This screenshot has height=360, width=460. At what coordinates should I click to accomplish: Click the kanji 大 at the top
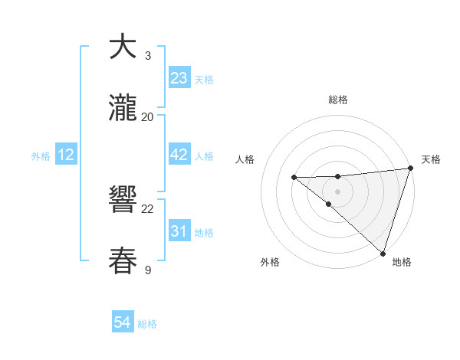point(123,47)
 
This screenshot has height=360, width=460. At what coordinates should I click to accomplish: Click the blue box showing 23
point(179,78)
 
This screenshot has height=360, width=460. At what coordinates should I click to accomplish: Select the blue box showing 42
point(179,155)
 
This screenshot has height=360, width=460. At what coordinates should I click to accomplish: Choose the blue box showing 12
point(66,155)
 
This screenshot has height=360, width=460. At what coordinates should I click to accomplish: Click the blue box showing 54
point(123,323)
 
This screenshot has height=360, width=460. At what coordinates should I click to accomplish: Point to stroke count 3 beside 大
point(148,56)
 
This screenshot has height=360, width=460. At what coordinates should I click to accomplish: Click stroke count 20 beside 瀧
point(148,117)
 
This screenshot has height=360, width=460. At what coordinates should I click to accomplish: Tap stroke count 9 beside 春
point(148,270)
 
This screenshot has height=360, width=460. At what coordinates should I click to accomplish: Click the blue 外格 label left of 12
point(41,156)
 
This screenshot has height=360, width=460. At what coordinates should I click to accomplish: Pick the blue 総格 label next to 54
point(147,324)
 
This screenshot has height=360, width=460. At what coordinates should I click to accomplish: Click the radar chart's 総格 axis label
point(337,100)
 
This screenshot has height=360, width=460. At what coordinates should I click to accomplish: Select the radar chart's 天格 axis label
point(431,159)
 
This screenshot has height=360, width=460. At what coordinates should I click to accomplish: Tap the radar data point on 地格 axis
point(383,253)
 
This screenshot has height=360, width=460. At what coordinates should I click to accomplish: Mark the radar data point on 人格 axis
point(294,177)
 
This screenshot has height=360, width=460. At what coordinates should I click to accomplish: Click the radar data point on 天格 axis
point(410,168)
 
